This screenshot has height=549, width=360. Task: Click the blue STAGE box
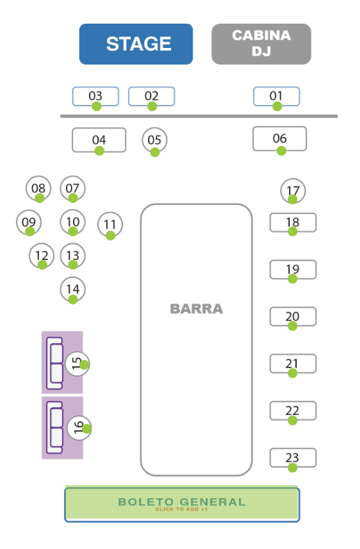click(136, 44)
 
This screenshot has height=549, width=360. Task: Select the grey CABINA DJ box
click(261, 44)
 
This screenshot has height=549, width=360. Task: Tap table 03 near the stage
click(96, 97)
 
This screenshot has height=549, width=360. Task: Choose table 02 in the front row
click(152, 97)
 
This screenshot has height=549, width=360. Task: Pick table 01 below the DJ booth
click(277, 97)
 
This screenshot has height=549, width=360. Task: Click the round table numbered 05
click(154, 140)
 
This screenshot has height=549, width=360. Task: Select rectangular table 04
click(99, 140)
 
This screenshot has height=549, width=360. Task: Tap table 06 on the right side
click(279, 139)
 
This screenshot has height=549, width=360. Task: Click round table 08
click(38, 188)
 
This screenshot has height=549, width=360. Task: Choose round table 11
click(110, 224)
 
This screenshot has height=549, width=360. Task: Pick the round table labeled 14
click(73, 290)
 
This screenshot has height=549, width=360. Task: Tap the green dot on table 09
click(30, 231)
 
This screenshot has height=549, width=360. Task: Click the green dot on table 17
click(293, 199)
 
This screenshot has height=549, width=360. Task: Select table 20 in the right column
click(293, 316)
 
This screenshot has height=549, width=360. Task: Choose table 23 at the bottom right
click(293, 458)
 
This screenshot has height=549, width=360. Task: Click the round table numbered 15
click(77, 363)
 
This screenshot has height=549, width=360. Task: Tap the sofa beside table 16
click(54, 427)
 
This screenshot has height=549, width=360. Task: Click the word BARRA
click(197, 309)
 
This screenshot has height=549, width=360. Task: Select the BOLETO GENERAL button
click(182, 505)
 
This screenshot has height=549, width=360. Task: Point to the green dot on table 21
click(293, 373)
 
